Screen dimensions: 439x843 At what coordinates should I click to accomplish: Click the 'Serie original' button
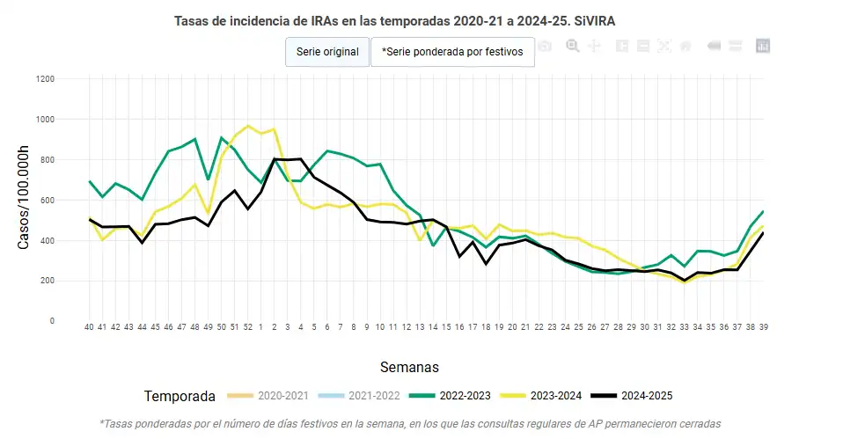pyautogui.click(x=327, y=52)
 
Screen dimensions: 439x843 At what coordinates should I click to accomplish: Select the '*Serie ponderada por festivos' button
pyautogui.click(x=452, y=52)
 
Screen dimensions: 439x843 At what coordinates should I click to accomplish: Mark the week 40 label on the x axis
pyautogui.click(x=89, y=327)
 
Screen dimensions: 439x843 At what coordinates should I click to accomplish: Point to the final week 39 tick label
pyautogui.click(x=763, y=327)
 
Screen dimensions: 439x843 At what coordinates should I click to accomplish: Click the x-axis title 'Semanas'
pyautogui.click(x=409, y=366)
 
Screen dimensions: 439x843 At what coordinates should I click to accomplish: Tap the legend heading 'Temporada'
pyautogui.click(x=180, y=396)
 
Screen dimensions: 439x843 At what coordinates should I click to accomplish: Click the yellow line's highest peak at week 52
pyautogui.click(x=248, y=126)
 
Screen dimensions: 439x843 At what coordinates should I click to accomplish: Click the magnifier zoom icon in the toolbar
pyautogui.click(x=573, y=46)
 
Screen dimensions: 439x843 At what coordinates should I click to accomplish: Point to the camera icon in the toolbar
pyautogui.click(x=546, y=46)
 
